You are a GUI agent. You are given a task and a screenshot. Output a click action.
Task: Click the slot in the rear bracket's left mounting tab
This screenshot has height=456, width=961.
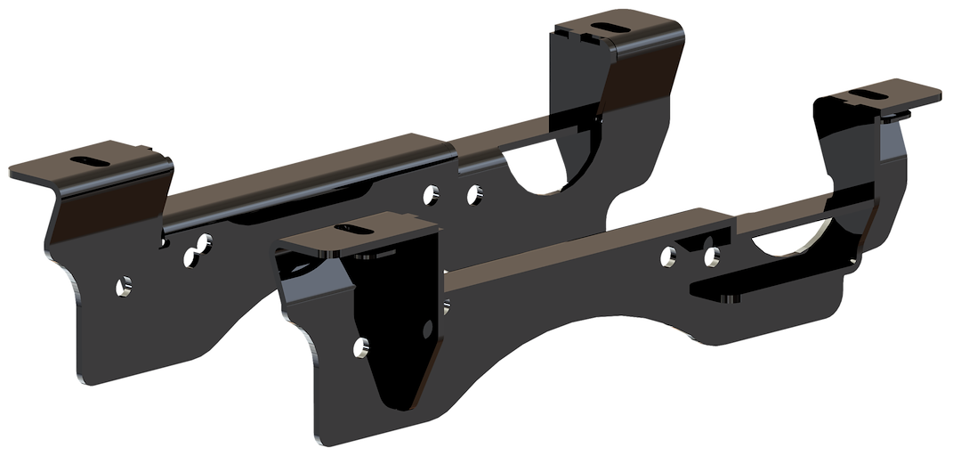(x=90, y=159)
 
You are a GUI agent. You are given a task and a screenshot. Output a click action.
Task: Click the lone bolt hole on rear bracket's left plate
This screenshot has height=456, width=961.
(x=125, y=286)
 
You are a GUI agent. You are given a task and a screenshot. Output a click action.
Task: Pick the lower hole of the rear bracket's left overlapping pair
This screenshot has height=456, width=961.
(x=190, y=257)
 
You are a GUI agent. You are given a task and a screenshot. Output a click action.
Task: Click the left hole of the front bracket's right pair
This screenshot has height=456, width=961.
(x=667, y=258)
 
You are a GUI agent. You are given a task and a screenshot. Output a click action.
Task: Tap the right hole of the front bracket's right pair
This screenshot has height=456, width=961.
(x=711, y=257)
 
